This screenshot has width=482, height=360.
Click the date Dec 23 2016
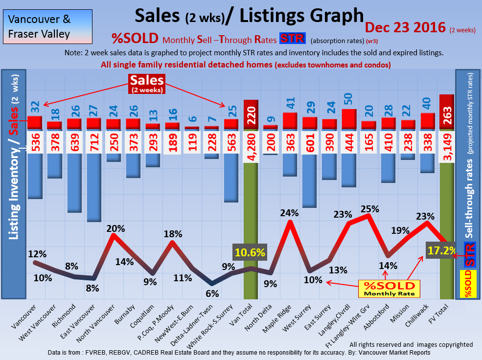pyautogui.click(x=405, y=27)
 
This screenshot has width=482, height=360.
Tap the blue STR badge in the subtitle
pyautogui.click(x=292, y=39)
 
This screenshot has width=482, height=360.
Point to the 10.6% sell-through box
pyautogui.click(x=250, y=252)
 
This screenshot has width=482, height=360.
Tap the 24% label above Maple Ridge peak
pyautogui.click(x=289, y=213)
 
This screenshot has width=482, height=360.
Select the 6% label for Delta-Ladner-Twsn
pyautogui.click(x=212, y=293)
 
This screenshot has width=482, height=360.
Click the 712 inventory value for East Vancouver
pyautogui.click(x=93, y=141)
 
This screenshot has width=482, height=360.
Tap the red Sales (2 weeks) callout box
pyautogui.click(x=147, y=84)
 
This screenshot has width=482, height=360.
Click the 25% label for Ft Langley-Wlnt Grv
pyautogui.click(x=369, y=209)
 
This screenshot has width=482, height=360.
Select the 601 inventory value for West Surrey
pyautogui.click(x=309, y=141)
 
